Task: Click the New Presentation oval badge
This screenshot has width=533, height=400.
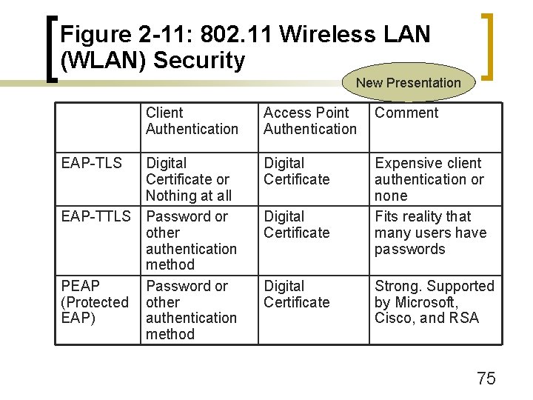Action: (408, 83)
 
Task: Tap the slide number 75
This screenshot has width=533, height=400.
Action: (486, 379)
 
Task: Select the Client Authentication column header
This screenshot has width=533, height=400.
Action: (192, 121)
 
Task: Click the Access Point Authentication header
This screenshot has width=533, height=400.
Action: (309, 121)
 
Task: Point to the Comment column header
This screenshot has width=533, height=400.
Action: (406, 113)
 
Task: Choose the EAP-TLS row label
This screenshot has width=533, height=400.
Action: (91, 163)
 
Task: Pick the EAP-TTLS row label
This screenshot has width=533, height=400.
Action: (95, 216)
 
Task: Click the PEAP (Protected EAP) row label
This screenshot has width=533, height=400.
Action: (94, 301)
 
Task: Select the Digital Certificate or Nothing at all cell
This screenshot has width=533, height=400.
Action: (189, 179)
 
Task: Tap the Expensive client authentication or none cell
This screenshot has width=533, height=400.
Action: (429, 179)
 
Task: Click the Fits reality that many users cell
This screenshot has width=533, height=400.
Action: (430, 233)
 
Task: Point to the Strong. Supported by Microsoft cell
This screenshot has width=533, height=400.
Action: (434, 301)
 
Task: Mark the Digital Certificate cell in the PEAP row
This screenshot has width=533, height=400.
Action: (296, 294)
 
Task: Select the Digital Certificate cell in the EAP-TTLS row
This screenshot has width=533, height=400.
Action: (296, 224)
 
